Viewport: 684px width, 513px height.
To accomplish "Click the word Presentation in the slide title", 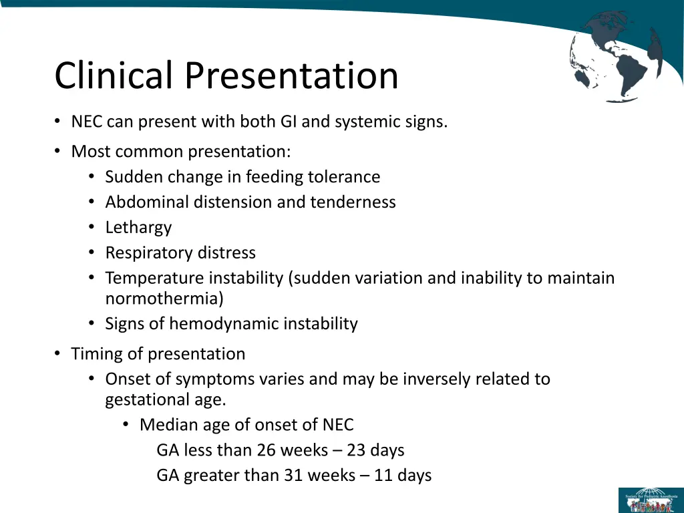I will tap(291, 75).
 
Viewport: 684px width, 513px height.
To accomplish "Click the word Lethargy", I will tap(138, 228).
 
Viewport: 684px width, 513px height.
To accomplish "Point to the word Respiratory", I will tap(142, 253).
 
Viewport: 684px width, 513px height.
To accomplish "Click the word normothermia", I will tap(164, 299).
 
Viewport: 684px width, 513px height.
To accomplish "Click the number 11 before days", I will tap(382, 476).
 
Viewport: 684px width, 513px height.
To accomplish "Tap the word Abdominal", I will tap(147, 202).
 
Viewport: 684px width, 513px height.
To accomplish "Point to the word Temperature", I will tap(154, 278).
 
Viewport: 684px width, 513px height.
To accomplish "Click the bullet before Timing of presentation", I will tap(58, 354).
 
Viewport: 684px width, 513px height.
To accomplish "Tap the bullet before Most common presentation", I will tap(58, 152).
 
